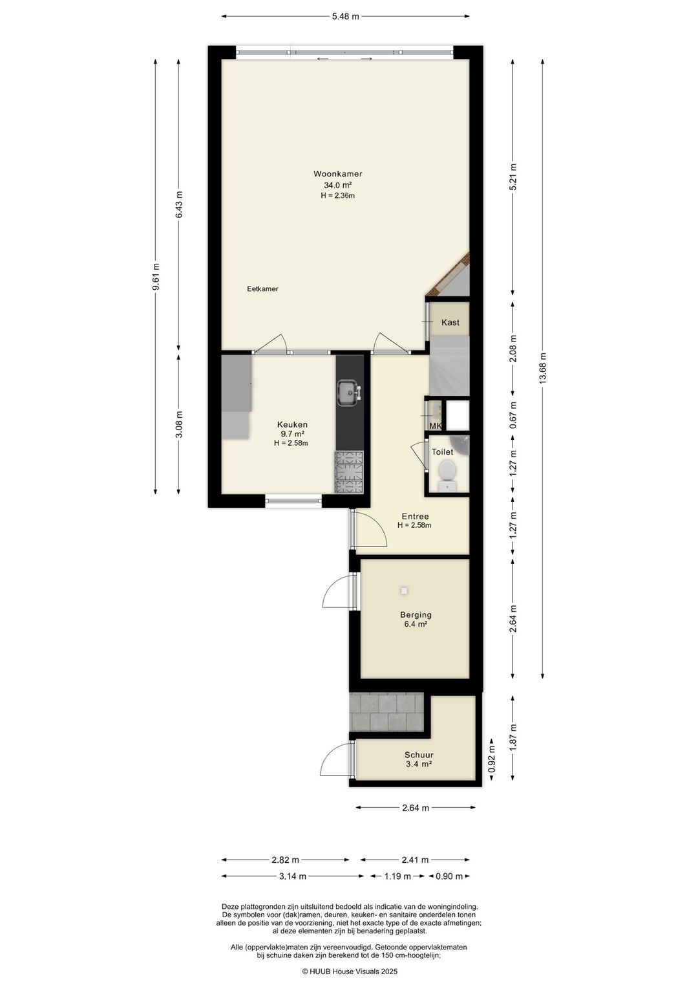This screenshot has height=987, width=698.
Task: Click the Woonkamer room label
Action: pyautogui.click(x=338, y=173)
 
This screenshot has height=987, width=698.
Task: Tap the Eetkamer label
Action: pyautogui.click(x=262, y=289)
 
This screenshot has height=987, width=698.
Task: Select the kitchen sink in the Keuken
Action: pyautogui.click(x=349, y=392)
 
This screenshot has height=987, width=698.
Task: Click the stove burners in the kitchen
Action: pyautogui.click(x=350, y=472)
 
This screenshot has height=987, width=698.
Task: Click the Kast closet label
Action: pyautogui.click(x=450, y=322)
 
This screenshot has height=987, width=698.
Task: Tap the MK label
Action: pyautogui.click(x=436, y=426)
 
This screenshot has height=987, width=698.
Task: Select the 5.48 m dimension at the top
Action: pyautogui.click(x=345, y=17)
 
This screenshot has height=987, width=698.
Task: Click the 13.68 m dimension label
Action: pyautogui.click(x=542, y=369)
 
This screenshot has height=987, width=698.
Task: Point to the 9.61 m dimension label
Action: pyautogui.click(x=156, y=276)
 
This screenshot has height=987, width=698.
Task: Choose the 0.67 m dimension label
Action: pyautogui.click(x=513, y=415)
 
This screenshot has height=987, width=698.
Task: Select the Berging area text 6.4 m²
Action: pyautogui.click(x=416, y=624)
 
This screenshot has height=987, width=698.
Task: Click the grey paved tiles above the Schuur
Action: pyautogui.click(x=388, y=712)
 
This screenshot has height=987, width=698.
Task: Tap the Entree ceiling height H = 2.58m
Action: pyautogui.click(x=414, y=525)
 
